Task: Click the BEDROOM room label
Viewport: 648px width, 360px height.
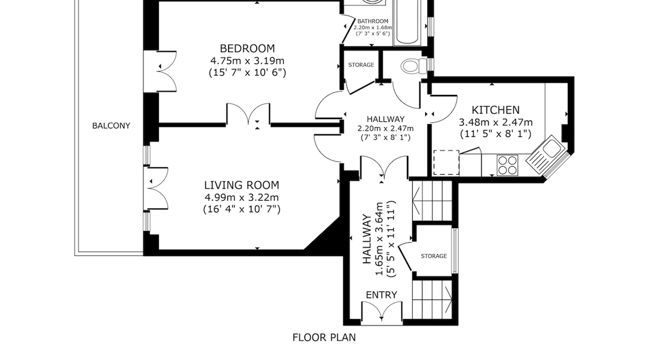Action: click(x=247, y=48)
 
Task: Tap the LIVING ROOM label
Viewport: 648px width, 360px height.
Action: click(x=242, y=185)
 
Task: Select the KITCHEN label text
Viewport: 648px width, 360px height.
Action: click(x=496, y=110)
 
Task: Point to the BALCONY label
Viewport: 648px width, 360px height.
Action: click(x=111, y=126)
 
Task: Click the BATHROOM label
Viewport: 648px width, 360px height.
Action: click(x=373, y=21)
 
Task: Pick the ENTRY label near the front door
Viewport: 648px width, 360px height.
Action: click(x=382, y=295)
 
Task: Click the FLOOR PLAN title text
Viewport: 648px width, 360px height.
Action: click(x=324, y=337)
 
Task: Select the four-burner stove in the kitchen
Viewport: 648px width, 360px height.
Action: click(x=508, y=165)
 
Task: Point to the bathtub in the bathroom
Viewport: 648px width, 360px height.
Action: click(x=407, y=22)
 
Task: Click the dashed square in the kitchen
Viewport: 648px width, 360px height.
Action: click(x=446, y=163)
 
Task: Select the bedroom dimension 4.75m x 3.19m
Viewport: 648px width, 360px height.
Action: click(x=247, y=60)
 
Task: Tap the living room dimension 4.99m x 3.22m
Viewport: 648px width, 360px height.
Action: click(x=242, y=197)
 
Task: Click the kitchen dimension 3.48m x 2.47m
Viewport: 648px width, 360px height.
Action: click(x=496, y=122)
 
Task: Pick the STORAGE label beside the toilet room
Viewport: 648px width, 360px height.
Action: click(x=361, y=65)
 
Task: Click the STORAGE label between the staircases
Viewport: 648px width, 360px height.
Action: click(x=434, y=256)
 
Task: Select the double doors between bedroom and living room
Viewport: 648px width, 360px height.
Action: click(x=248, y=114)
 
